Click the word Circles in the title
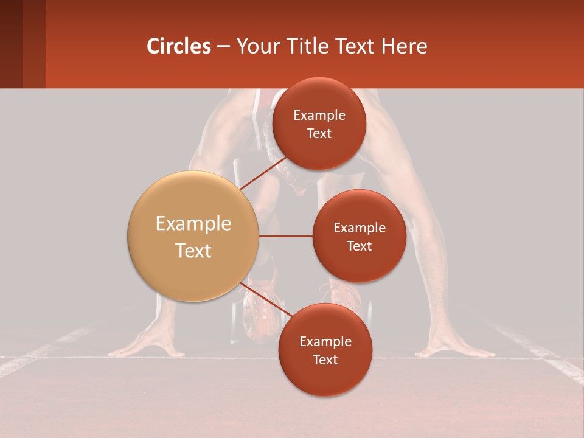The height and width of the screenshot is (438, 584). click(178, 46)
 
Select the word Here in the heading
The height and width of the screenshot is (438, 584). click(404, 46)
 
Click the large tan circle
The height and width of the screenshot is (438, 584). click(193, 236)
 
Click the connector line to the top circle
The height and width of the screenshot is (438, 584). click(263, 173)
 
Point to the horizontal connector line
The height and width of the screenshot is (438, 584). click(285, 236)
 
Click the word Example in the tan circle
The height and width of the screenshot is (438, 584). click(193, 224)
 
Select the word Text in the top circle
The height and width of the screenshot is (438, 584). click(319, 134)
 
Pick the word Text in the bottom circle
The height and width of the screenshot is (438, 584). click(325, 360)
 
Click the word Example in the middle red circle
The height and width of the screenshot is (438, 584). click(359, 228)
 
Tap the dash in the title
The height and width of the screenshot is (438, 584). click(223, 47)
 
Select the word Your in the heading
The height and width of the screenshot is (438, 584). click(256, 46)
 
